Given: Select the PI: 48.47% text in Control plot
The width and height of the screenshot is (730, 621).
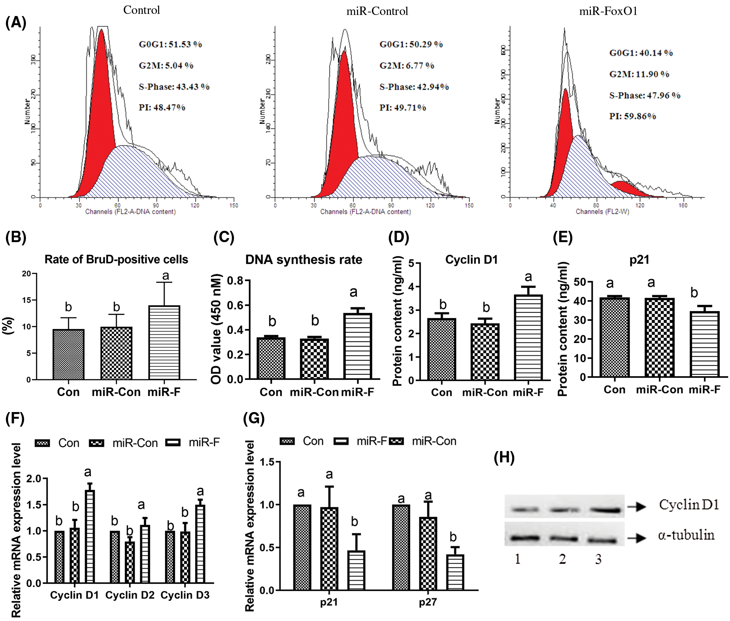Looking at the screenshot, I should (162, 108).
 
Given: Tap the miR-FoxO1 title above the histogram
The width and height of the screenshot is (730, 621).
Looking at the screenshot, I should (608, 11).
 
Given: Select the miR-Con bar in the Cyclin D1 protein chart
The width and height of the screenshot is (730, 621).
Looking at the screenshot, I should (485, 352).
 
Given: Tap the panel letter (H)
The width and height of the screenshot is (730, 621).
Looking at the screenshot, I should (504, 457).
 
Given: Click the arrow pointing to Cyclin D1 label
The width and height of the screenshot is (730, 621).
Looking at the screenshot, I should (637, 506).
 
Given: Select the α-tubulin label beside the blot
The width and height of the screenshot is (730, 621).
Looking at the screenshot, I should (686, 535).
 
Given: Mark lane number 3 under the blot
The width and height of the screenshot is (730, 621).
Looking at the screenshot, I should (598, 559).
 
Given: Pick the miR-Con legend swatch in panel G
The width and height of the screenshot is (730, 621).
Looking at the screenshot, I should (396, 442).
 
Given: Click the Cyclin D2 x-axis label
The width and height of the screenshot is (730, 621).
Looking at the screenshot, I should (130, 595).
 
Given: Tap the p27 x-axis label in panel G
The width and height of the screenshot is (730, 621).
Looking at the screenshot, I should (428, 602).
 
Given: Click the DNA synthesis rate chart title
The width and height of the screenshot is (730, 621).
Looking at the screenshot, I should (304, 260).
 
